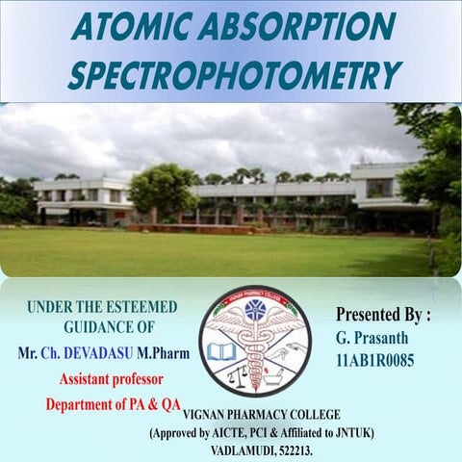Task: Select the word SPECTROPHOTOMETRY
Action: click(x=234, y=75)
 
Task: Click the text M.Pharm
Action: click(x=166, y=353)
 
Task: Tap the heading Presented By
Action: click(x=383, y=315)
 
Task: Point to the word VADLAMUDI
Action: click(x=243, y=449)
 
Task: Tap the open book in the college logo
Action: click(x=221, y=351)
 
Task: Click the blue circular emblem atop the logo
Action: click(x=255, y=311)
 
